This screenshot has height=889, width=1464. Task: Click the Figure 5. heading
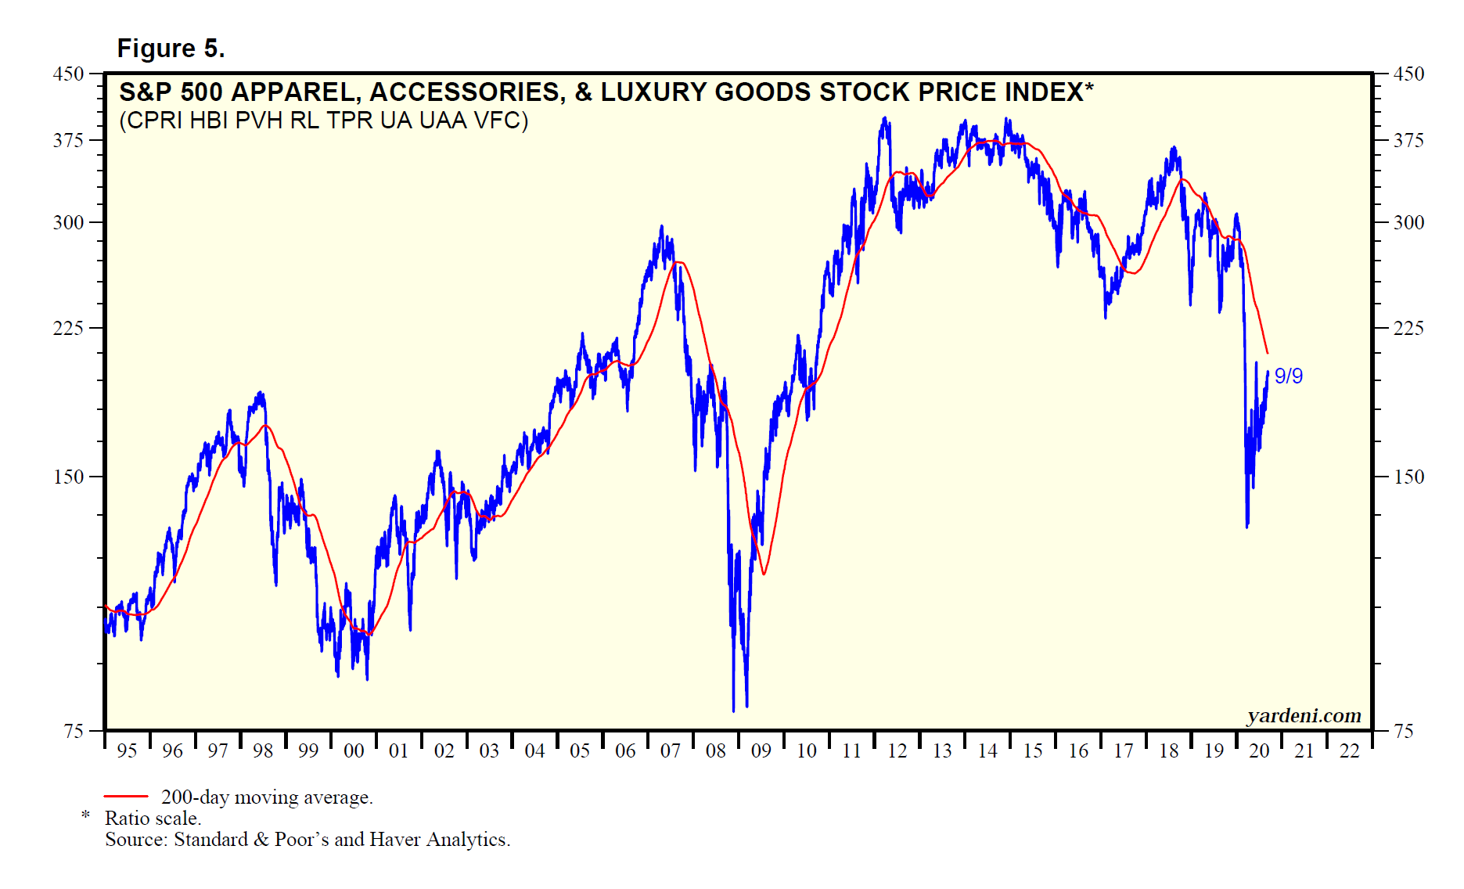coord(171,49)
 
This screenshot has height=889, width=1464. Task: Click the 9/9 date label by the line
coord(1288,376)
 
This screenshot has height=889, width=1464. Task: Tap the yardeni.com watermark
coord(1304,715)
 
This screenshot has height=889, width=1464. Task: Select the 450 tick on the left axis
coord(68,74)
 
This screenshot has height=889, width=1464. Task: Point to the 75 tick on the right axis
coord(1404,731)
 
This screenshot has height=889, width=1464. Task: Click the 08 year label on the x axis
coord(715,751)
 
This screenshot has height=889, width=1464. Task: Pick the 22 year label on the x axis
coord(1349,751)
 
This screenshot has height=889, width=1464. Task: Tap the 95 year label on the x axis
coord(127,751)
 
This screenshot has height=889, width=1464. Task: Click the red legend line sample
coord(126,797)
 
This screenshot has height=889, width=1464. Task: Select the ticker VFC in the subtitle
coord(502,121)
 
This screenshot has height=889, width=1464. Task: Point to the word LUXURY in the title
coord(654,92)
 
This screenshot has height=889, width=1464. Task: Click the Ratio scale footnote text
coord(153,819)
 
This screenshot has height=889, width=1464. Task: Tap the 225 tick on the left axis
coord(68,328)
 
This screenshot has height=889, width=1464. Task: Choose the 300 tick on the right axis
coord(1408,223)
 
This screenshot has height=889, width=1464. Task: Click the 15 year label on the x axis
coord(1033,751)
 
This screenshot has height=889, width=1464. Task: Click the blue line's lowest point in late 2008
coord(733,711)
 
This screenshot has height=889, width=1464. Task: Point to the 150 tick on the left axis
coord(68,477)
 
